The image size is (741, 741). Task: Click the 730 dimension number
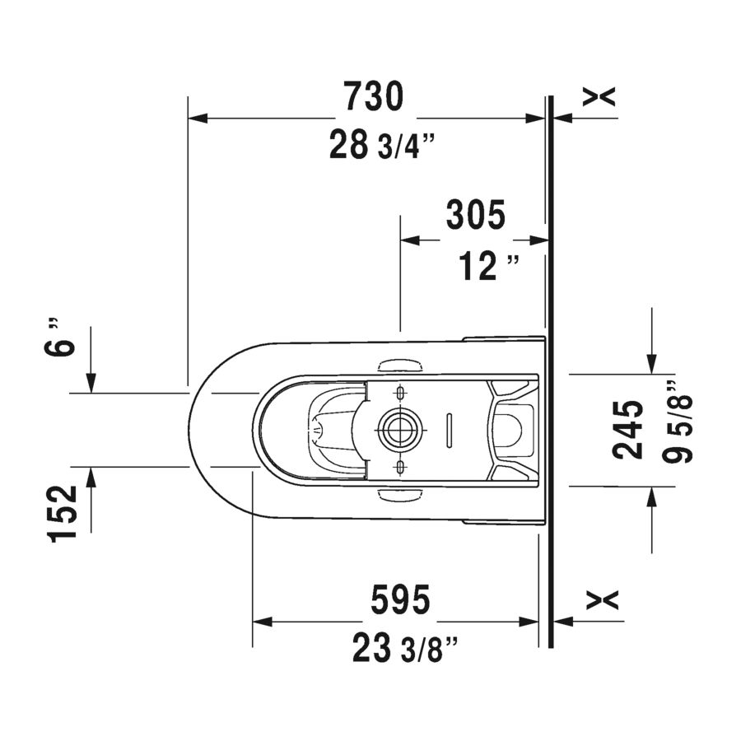(x=373, y=96)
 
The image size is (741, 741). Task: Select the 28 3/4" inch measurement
(x=381, y=145)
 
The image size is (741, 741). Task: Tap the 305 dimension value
(x=475, y=215)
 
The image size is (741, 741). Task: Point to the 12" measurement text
(x=488, y=266)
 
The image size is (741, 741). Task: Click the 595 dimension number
(x=400, y=599)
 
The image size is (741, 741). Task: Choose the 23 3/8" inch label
(x=405, y=649)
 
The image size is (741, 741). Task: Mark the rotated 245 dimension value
(x=628, y=430)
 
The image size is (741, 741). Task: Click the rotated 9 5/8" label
(x=677, y=422)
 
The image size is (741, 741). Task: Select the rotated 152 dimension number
(x=63, y=513)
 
